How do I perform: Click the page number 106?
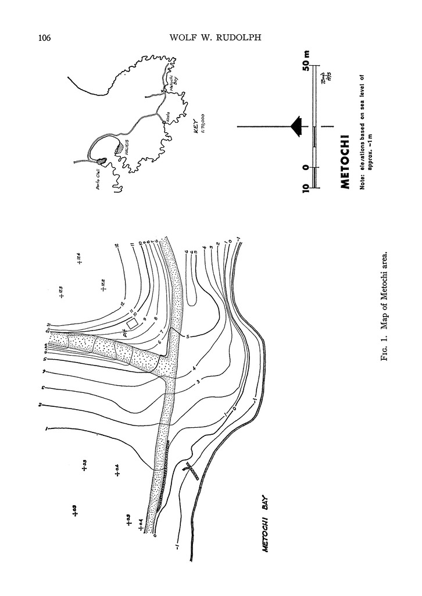tap(45, 38)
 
